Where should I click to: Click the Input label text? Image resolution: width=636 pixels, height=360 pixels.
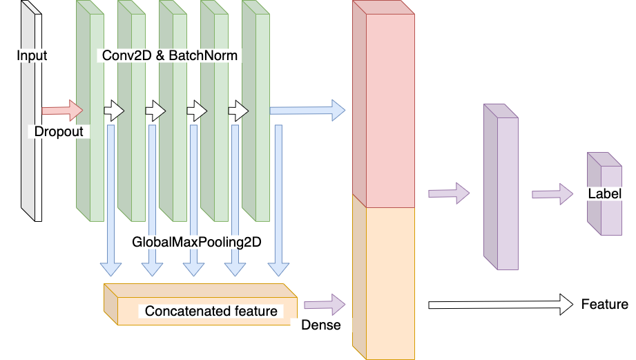[32, 55]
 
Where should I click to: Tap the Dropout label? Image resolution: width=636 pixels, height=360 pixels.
[59, 131]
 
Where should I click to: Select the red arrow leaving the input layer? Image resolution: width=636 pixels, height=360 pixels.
[62, 111]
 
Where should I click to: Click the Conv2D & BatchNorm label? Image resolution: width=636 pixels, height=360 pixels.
[170, 55]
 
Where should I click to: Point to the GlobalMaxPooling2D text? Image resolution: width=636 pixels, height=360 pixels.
[197, 242]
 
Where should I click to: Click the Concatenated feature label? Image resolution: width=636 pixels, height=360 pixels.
[211, 311]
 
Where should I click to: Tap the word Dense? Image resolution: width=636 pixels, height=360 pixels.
[321, 325]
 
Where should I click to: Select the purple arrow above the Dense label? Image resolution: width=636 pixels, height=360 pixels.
[325, 305]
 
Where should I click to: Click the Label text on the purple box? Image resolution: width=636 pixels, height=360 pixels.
[605, 193]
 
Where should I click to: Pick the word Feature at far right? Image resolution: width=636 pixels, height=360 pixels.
[604, 304]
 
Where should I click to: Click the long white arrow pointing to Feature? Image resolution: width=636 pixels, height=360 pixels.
[501, 305]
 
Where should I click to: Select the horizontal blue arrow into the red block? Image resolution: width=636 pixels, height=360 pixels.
[307, 111]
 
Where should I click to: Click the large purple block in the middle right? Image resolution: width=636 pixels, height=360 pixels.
[501, 187]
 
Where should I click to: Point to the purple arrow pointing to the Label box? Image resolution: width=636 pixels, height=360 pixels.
[552, 194]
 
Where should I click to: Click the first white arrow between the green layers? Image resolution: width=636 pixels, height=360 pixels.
[114, 111]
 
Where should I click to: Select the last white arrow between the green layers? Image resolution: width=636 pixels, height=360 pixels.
[238, 111]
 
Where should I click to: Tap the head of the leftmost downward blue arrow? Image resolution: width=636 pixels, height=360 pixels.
[110, 269]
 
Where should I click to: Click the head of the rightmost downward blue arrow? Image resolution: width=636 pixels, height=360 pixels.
[279, 269]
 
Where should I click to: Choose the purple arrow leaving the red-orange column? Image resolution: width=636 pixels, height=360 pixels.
[449, 193]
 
